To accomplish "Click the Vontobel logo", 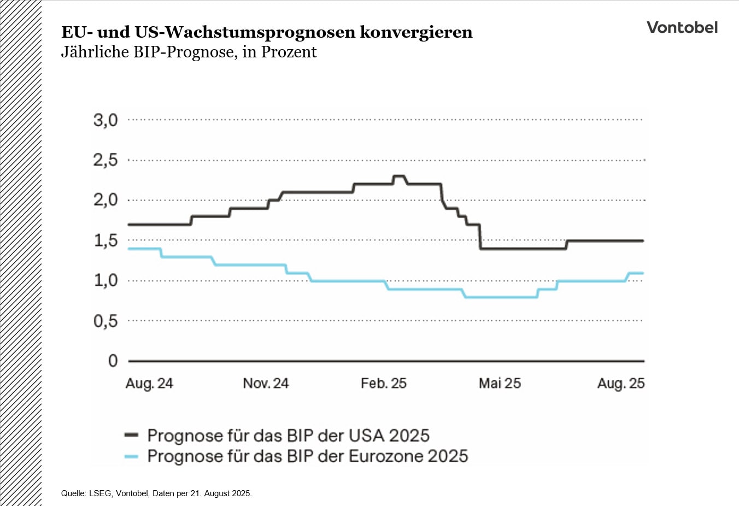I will [x=682, y=27].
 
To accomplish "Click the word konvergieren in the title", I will [x=416, y=32].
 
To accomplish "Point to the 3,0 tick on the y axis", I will [x=105, y=120].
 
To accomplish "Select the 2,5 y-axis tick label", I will [x=105, y=160].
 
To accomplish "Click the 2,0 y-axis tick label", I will [x=105, y=200].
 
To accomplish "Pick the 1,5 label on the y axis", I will [x=105, y=240].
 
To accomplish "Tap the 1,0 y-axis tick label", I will [x=105, y=280].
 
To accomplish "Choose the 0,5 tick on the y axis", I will [x=105, y=321].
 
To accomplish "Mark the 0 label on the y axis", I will [x=113, y=361].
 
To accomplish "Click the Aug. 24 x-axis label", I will [x=149, y=383].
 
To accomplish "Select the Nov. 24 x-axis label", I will [x=266, y=383].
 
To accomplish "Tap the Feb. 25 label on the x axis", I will [x=383, y=383].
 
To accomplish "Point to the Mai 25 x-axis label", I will [x=500, y=383].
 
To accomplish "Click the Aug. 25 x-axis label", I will [x=620, y=383].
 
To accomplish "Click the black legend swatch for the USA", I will [x=131, y=436].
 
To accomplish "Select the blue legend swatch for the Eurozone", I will [x=131, y=456].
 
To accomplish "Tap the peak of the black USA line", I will [x=398, y=176].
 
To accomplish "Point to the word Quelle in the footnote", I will [x=73, y=493].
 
